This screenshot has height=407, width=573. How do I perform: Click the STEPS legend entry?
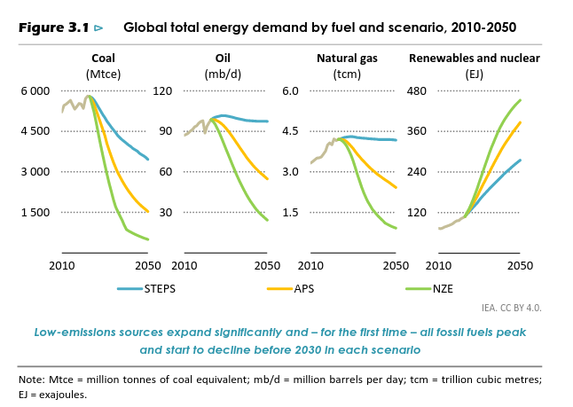tap(160, 288)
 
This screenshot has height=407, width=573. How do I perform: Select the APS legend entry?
tap(302, 288)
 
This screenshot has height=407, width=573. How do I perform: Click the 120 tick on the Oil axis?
tap(162, 90)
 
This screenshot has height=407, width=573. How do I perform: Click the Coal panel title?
tap(103, 59)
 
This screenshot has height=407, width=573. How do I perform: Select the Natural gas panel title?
tap(347, 59)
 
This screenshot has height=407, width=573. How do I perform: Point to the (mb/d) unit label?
tap(223, 74)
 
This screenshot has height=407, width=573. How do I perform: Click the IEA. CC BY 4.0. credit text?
tap(511, 308)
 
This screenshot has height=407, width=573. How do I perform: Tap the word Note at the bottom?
tap(30, 380)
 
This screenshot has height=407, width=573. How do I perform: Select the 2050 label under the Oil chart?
tap(267, 265)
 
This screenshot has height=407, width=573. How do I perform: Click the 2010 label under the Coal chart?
tap(62, 265)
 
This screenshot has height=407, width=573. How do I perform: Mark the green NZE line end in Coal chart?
tap(148, 239)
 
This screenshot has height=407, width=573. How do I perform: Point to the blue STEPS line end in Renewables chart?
tap(520, 160)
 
